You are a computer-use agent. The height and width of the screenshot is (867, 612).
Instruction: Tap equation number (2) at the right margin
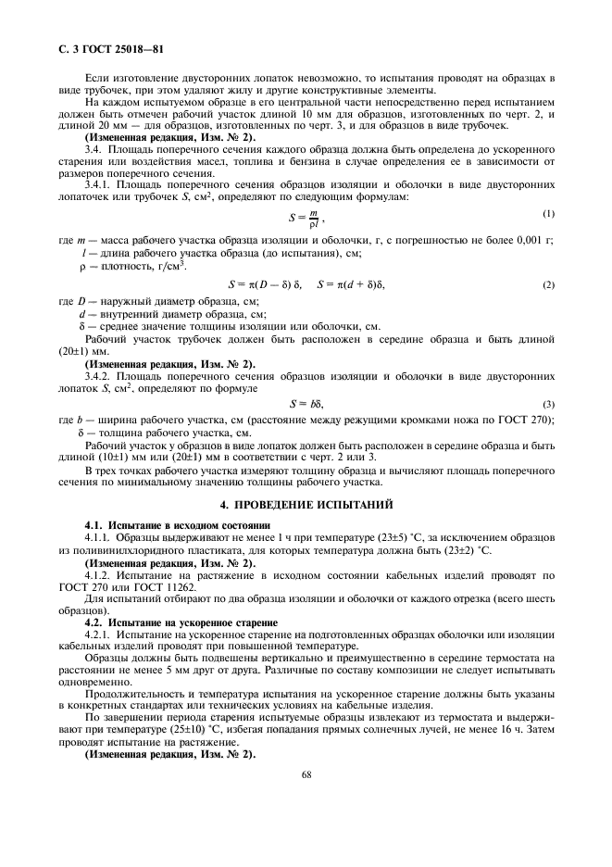pyautogui.click(x=549, y=284)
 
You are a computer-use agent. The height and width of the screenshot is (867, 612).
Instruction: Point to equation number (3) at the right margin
pyautogui.click(x=549, y=404)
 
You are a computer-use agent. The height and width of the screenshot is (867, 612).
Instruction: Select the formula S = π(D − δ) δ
pyautogui.click(x=265, y=284)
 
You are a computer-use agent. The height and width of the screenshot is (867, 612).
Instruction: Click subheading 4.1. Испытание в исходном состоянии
pyautogui.click(x=165, y=525)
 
